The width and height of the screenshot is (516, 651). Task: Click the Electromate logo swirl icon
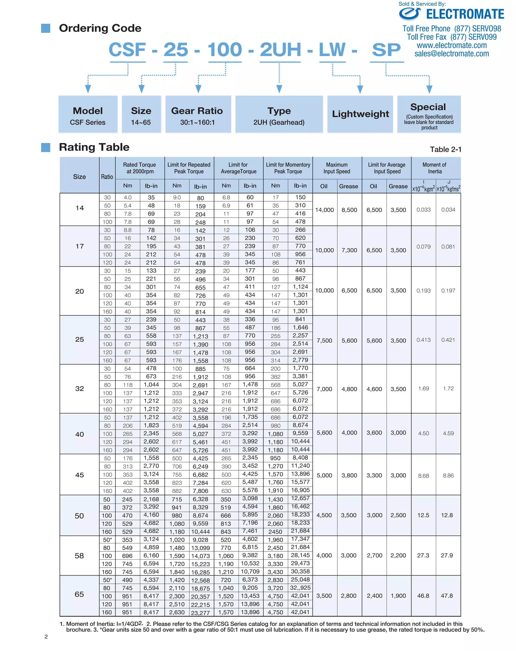tap(410, 14)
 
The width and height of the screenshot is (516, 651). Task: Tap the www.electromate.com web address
tap(452, 45)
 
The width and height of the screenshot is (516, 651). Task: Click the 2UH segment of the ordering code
tap(280, 50)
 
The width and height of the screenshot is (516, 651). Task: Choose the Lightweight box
tap(360, 114)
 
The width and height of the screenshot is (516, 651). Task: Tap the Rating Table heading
tap(94, 147)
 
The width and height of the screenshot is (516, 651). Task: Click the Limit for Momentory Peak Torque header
tap(288, 168)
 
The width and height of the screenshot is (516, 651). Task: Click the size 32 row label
tap(79, 389)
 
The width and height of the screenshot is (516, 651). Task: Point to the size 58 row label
tap(79, 556)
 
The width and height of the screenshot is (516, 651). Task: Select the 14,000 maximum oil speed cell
tap(325, 210)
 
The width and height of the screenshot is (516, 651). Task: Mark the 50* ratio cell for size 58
tap(107, 540)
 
